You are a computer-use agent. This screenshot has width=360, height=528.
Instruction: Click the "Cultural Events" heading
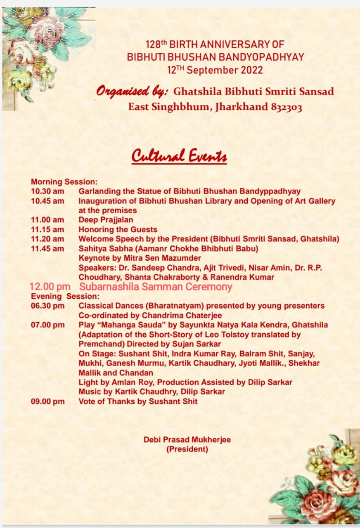[179, 156]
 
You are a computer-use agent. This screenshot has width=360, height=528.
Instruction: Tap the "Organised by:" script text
[133, 91]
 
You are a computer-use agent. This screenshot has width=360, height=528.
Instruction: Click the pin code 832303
[286, 107]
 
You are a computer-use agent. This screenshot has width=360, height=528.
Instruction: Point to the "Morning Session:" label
[64, 181]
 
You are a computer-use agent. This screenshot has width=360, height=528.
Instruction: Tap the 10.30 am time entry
[47, 191]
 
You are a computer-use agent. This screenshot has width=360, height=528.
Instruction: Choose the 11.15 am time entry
[47, 229]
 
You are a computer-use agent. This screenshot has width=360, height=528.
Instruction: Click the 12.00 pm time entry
[50, 287]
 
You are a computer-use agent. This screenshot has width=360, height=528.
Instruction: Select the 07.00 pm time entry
[47, 325]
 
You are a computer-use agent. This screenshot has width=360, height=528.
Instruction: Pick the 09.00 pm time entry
[47, 401]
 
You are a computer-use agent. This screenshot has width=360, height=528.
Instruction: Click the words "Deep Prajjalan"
[106, 220]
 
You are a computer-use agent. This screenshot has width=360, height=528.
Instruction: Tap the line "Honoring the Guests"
[118, 229]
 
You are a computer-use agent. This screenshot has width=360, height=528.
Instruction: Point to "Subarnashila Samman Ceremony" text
[156, 287]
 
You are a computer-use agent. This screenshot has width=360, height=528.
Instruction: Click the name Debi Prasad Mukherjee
[187, 440]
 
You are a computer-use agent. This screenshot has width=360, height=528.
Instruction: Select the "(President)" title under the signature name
[187, 449]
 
